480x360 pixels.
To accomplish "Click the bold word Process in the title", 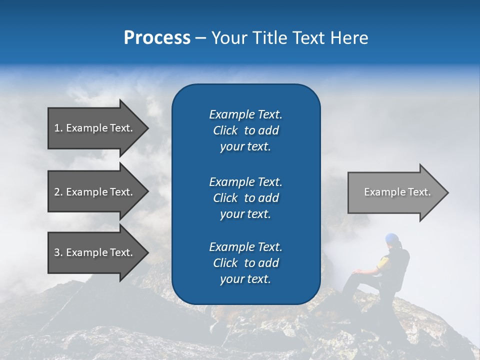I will click(157, 38).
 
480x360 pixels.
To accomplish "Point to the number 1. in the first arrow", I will click(58, 128).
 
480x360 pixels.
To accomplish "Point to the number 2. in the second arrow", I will click(58, 192).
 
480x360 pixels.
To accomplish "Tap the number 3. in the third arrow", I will click(58, 252).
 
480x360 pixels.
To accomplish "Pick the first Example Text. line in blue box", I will click(245, 114).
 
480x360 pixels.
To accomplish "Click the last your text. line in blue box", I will click(245, 279).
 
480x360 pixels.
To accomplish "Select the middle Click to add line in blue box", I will click(245, 198).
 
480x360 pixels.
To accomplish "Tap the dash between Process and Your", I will click(200, 38).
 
